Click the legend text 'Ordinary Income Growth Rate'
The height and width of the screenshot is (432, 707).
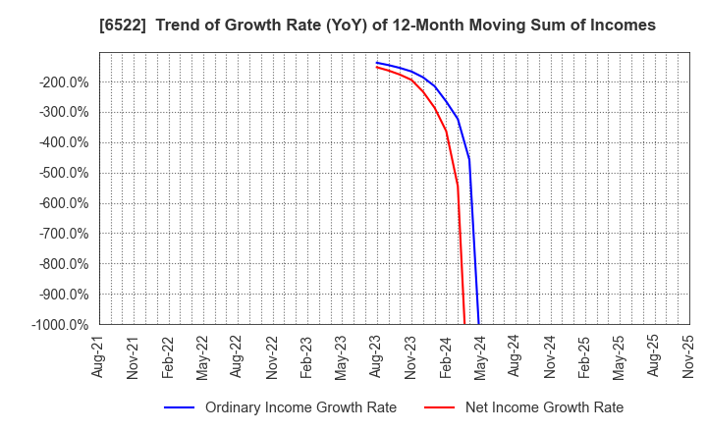click(300, 407)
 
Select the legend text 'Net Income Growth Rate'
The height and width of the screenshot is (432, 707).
click(543, 407)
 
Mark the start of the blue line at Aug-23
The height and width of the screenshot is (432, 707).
click(376, 63)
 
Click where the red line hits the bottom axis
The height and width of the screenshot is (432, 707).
click(464, 323)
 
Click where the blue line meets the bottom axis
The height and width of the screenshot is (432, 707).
click(478, 323)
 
